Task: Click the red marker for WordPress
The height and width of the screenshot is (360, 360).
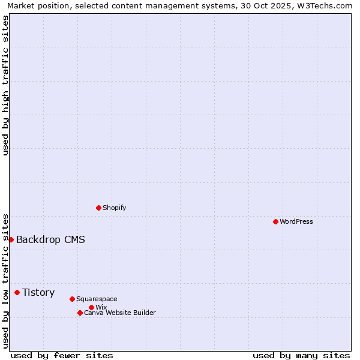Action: (275, 221)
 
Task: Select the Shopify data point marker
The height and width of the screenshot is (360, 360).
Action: (98, 208)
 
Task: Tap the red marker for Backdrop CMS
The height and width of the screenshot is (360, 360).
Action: (11, 239)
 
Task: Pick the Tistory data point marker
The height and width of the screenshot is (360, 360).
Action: (17, 292)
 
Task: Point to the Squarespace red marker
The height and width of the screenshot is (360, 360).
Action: (72, 299)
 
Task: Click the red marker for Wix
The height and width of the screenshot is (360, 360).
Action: (91, 307)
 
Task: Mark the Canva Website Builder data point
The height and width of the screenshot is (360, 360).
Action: (80, 313)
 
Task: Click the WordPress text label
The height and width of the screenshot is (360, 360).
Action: (296, 221)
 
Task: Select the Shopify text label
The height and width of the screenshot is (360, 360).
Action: (114, 208)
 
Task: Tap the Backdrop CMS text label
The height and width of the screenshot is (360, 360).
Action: (50, 240)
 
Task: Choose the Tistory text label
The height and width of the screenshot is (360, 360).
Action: (38, 293)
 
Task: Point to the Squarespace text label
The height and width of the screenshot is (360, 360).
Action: (97, 299)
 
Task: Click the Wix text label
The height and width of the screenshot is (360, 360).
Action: (101, 307)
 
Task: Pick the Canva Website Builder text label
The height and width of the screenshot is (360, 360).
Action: (119, 313)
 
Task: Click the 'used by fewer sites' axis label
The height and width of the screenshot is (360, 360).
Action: (62, 355)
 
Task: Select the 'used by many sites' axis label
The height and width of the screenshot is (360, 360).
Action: (301, 355)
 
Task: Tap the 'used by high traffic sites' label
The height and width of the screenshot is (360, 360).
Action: (5, 85)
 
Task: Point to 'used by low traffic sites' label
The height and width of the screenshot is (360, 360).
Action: (5, 280)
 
